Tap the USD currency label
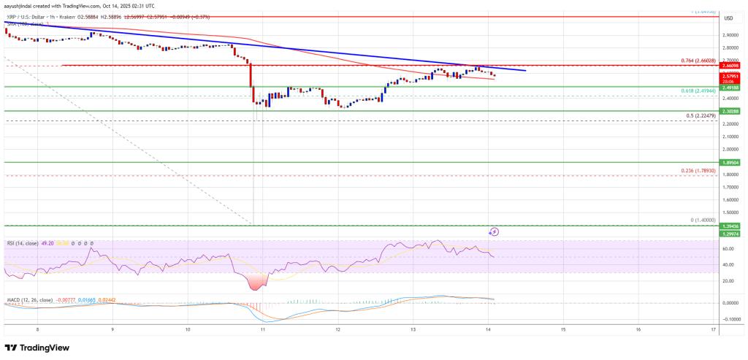728,17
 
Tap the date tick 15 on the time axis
563,329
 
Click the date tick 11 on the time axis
262,329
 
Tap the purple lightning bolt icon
494,232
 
